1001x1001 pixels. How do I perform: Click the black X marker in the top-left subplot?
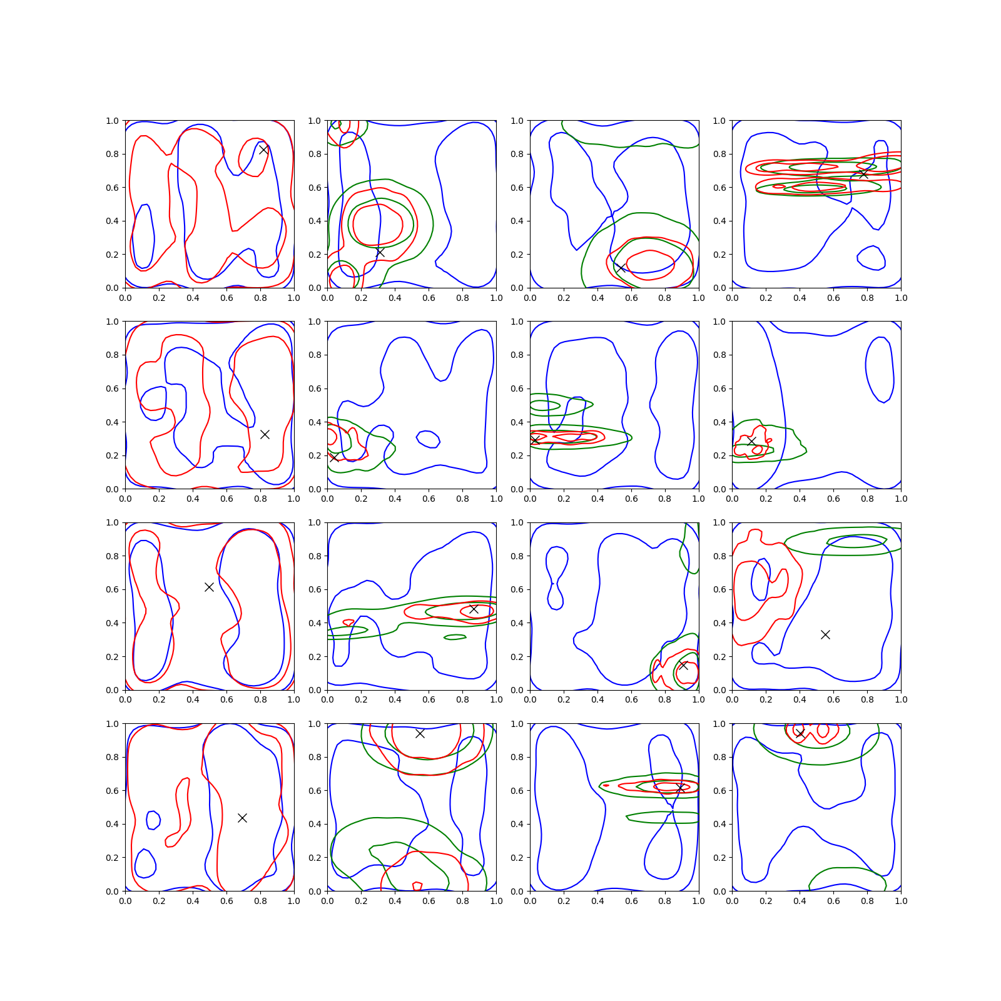[x=264, y=150]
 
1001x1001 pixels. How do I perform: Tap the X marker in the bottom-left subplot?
[x=242, y=818]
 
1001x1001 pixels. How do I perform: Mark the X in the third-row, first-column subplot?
[x=209, y=587]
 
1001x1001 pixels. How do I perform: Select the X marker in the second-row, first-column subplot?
[x=265, y=434]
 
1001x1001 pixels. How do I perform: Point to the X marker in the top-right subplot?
[x=863, y=173]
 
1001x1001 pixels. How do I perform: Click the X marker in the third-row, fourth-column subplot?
[x=825, y=634]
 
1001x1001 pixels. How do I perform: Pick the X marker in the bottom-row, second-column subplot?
[x=420, y=733]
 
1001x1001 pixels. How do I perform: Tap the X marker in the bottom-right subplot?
[x=800, y=733]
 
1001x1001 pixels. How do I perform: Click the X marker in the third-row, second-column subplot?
[x=474, y=609]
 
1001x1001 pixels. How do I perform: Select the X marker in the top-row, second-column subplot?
[x=380, y=252]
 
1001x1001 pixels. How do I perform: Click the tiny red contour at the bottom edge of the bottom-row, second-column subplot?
[x=417, y=886]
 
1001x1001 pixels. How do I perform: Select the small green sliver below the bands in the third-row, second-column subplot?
[x=455, y=638]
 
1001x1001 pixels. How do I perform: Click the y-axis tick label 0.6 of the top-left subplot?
[x=113, y=188]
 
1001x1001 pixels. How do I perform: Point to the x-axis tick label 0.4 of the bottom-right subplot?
[x=800, y=901]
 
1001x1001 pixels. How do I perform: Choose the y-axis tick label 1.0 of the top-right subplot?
[x=719, y=121]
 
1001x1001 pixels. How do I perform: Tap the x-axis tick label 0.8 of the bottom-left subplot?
[x=260, y=901]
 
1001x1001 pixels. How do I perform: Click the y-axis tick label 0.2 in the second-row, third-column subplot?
[x=517, y=455]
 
